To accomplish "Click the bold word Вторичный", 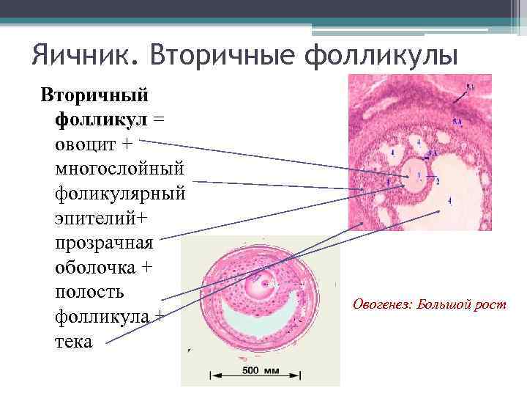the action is click(x=94, y=95).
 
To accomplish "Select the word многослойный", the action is click(x=119, y=169).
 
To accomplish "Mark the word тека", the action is click(x=74, y=342).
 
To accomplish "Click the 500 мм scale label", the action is click(x=261, y=370).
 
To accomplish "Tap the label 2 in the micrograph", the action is click(x=438, y=180).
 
